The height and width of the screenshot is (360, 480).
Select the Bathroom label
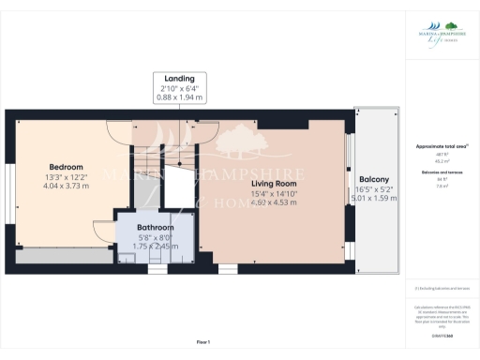click(156, 227)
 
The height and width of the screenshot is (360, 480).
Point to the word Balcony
click(374, 178)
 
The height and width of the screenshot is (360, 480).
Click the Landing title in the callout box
click(179, 78)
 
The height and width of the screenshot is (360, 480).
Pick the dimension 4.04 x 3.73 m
click(66, 186)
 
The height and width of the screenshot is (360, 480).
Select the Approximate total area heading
click(441, 147)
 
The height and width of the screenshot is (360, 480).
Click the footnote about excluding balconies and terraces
click(441, 289)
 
